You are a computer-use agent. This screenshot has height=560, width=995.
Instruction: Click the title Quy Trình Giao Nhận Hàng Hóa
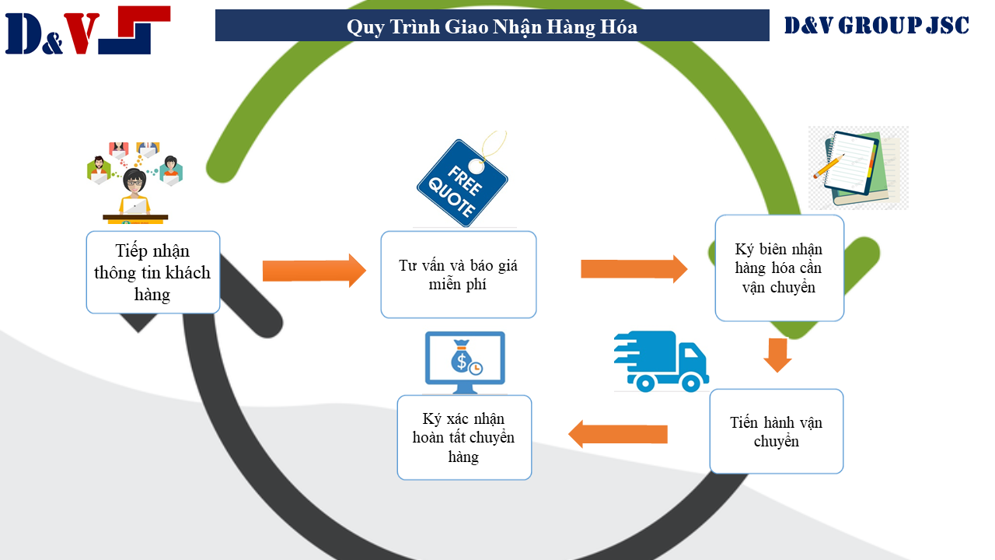click(x=491, y=26)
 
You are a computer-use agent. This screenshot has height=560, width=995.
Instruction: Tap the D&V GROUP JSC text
click(x=876, y=26)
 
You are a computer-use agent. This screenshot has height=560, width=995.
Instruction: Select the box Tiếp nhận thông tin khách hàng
click(x=152, y=272)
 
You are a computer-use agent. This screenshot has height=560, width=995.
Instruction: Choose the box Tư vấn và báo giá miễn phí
click(x=458, y=275)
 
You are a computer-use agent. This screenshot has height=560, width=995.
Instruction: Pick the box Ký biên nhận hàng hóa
click(x=779, y=268)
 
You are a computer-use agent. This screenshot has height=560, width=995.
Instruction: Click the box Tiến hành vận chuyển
click(x=776, y=432)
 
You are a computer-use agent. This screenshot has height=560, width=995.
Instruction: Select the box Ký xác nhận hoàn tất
click(x=464, y=438)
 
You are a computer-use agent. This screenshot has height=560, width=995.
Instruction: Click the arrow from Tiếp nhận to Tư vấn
click(x=313, y=271)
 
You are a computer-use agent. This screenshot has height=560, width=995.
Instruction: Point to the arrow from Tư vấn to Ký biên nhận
click(x=634, y=269)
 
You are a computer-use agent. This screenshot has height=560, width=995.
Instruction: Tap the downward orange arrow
click(x=777, y=355)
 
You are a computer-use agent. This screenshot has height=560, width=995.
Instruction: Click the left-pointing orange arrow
click(x=618, y=434)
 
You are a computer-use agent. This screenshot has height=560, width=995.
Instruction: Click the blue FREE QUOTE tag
click(x=463, y=184)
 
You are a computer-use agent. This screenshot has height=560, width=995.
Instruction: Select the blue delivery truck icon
click(x=661, y=361)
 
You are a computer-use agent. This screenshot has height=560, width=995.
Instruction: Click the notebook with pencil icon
click(x=857, y=168)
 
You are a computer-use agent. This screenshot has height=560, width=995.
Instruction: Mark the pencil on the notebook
click(x=829, y=166)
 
